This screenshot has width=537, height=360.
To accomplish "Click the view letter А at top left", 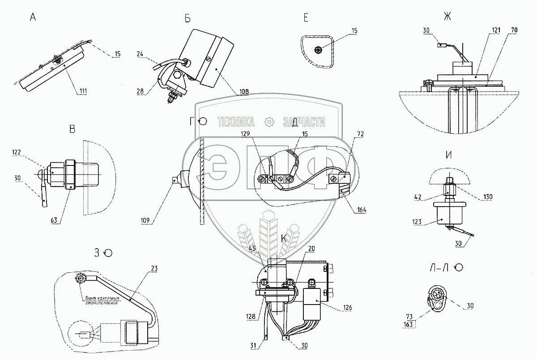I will (33, 18).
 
